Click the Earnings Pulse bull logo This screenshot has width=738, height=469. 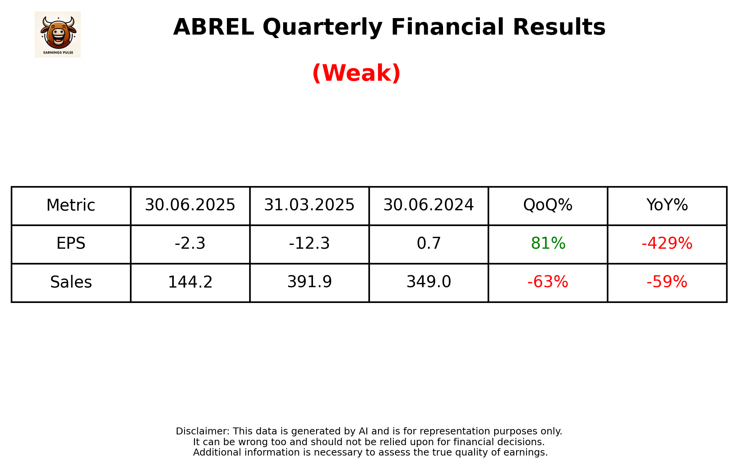pyautogui.click(x=58, y=34)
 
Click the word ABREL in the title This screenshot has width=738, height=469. pyautogui.click(x=213, y=27)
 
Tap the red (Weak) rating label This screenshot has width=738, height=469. pyautogui.click(x=356, y=73)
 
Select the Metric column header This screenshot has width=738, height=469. pyautogui.click(x=71, y=205)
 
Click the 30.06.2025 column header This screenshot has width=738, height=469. pyautogui.click(x=190, y=205)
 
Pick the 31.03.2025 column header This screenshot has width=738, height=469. pyautogui.click(x=309, y=205)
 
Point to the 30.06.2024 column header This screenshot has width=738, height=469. pyautogui.click(x=428, y=205)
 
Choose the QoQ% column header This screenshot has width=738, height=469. pyautogui.click(x=548, y=205)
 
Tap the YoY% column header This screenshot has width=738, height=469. pyautogui.click(x=667, y=205)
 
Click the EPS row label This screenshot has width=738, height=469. pyautogui.click(x=71, y=244)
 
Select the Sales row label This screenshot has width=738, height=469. pyautogui.click(x=71, y=282)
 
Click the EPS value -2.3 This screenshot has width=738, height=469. pyautogui.click(x=190, y=244)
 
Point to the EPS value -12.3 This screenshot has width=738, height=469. pyautogui.click(x=309, y=244)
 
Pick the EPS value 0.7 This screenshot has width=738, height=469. pyautogui.click(x=428, y=244)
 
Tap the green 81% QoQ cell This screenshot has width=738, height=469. pyautogui.click(x=548, y=244)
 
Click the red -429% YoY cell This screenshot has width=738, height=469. pyautogui.click(x=667, y=244)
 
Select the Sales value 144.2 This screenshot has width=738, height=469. pyautogui.click(x=190, y=282)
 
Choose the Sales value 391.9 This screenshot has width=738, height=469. pyautogui.click(x=309, y=282)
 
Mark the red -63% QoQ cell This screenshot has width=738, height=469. pyautogui.click(x=548, y=282)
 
